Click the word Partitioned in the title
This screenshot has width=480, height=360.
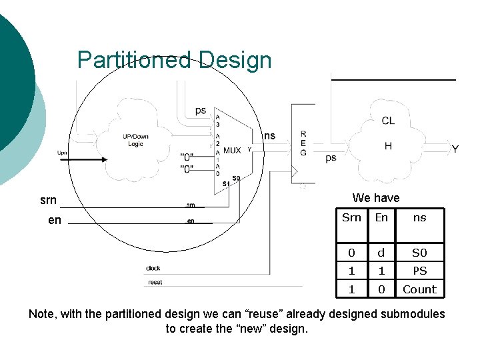(134, 60)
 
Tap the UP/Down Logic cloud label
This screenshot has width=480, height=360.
(135, 140)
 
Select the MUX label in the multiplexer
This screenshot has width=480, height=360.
(232, 151)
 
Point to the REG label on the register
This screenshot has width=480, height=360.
(303, 143)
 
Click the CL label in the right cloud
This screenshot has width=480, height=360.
(388, 121)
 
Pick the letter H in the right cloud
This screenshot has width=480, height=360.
(388, 145)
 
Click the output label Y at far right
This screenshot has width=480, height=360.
(455, 149)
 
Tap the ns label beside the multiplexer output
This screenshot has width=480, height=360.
(269, 136)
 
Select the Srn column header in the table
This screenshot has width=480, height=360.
(351, 217)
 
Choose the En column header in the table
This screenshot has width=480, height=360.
(381, 217)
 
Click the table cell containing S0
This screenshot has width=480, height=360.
(419, 253)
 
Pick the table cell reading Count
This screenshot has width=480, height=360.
(419, 289)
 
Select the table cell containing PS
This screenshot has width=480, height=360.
(419, 271)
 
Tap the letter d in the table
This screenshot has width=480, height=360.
(381, 253)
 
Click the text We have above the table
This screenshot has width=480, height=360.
(376, 198)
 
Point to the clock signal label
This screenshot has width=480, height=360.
(153, 269)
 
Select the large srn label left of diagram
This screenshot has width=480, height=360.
(48, 200)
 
